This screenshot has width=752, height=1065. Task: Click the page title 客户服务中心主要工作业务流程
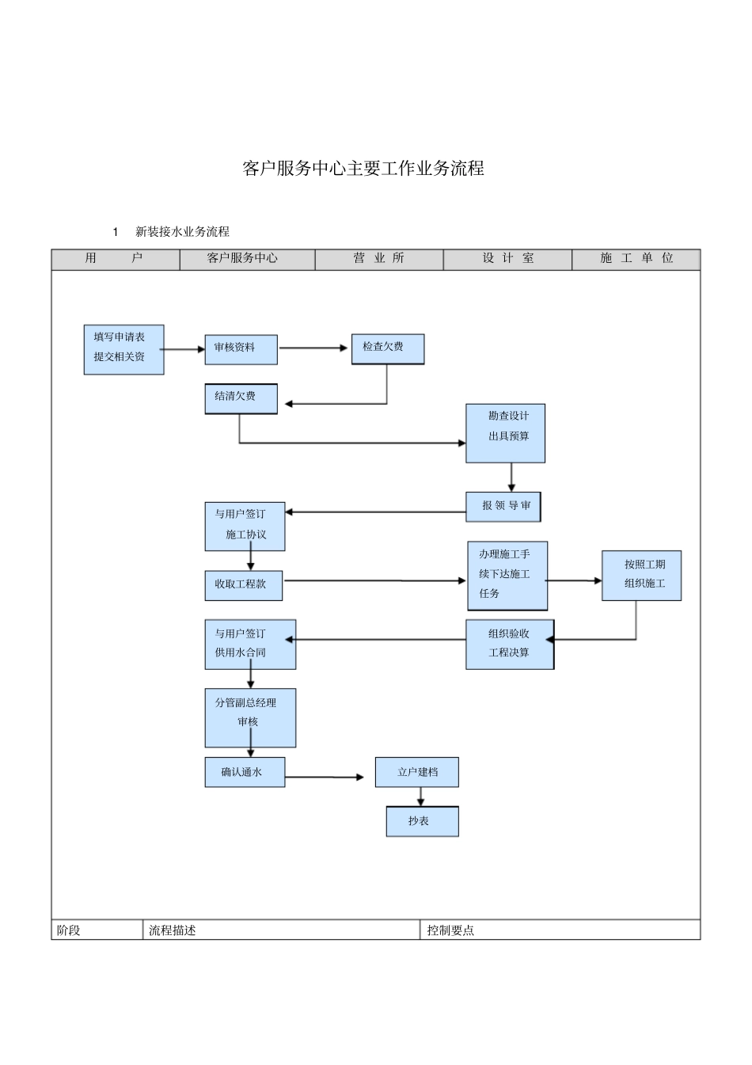tap(363, 169)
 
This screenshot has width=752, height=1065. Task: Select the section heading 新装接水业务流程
tap(182, 232)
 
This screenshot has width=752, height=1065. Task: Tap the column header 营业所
tap(378, 259)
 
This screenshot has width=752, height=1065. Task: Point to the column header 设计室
tap(507, 259)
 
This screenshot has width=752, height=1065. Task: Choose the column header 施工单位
tap(636, 259)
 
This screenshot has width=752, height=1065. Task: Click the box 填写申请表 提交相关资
tap(123, 349)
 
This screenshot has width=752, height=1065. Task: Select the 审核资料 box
tap(241, 349)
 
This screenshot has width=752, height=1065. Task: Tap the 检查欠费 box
tap(388, 348)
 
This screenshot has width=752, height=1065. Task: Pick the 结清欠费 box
tap(241, 398)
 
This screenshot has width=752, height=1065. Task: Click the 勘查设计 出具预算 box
tap(505, 433)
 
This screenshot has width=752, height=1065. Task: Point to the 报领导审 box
tap(503, 507)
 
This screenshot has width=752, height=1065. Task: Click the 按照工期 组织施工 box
tap(641, 576)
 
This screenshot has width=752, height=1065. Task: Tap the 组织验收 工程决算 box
tap(509, 644)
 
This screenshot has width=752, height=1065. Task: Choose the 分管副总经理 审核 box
tap(250, 717)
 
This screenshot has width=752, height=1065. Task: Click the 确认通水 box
tap(245, 773)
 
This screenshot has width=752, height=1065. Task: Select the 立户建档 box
tap(417, 772)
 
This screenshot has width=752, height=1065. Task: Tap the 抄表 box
tap(422, 822)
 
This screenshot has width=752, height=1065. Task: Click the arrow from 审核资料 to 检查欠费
tap(313, 348)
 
